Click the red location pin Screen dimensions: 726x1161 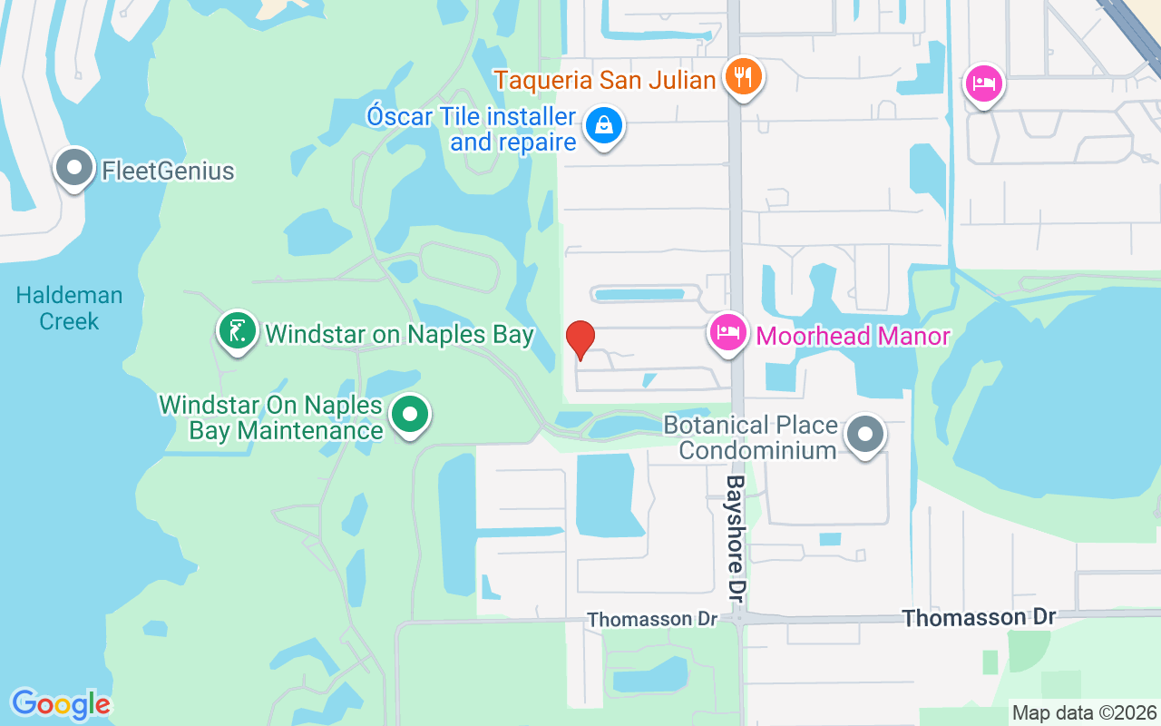click(580, 339)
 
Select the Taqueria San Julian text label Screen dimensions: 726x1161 click(605, 80)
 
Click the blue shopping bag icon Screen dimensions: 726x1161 click(603, 125)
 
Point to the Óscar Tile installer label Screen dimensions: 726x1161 click(472, 129)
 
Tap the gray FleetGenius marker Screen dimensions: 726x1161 click(74, 168)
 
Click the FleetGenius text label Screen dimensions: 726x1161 click(168, 171)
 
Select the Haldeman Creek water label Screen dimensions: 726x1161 click(69, 309)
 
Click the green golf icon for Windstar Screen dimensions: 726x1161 click(238, 331)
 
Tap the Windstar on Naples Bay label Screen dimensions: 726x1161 click(399, 334)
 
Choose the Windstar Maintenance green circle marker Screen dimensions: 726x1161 click(410, 416)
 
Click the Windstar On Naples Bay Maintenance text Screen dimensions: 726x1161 click(270, 417)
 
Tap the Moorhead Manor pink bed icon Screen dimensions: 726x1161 click(728, 333)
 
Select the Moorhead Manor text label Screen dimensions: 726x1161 click(853, 336)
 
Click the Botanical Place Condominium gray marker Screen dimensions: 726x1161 click(866, 435)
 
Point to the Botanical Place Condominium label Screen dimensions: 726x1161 click(750, 437)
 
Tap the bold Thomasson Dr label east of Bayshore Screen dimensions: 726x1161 click(979, 617)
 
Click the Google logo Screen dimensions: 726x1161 click(61, 704)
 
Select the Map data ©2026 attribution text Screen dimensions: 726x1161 click(1084, 712)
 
